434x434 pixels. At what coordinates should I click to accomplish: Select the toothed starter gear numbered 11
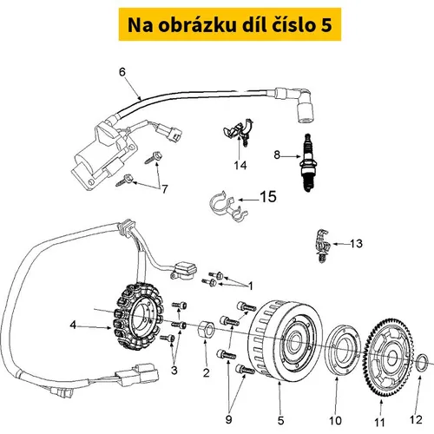point(388,358)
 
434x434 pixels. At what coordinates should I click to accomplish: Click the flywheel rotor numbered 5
point(285,340)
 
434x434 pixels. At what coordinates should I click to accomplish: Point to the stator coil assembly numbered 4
point(138,316)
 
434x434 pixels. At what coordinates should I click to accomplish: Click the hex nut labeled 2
point(206,329)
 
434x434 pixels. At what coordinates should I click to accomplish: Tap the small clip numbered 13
point(322,246)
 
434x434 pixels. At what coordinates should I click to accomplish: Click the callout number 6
point(122,72)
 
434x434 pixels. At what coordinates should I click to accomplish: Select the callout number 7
point(165,189)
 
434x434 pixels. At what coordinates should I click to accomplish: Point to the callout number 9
point(228,419)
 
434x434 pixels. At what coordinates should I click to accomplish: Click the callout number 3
point(174,370)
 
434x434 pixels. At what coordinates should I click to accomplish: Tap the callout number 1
point(251,286)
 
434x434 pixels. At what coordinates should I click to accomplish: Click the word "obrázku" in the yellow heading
point(196,25)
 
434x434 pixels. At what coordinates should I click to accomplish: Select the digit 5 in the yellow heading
point(326,25)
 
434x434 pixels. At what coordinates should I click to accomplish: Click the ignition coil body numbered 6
point(103,155)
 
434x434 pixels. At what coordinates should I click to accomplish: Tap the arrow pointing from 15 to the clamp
point(248,200)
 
